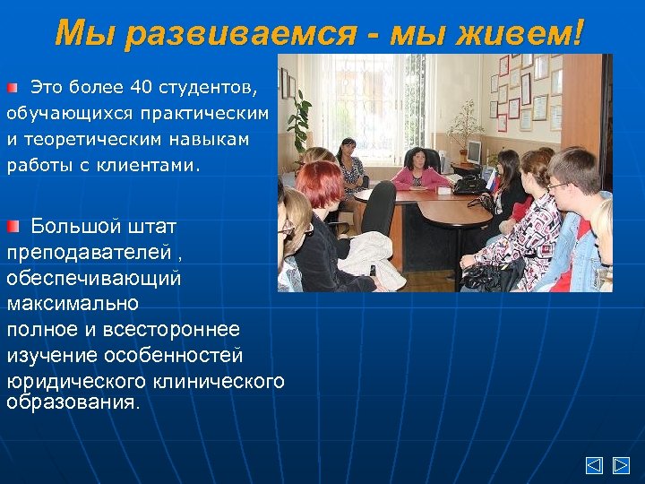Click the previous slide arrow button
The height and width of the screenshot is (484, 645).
point(594,465)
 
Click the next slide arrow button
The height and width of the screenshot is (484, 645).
point(621,465)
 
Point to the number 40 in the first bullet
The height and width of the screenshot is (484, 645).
point(141,88)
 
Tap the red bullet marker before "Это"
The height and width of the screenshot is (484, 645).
point(13,88)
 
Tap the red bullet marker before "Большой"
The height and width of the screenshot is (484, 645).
point(13,224)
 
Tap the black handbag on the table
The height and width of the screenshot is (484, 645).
point(469,184)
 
